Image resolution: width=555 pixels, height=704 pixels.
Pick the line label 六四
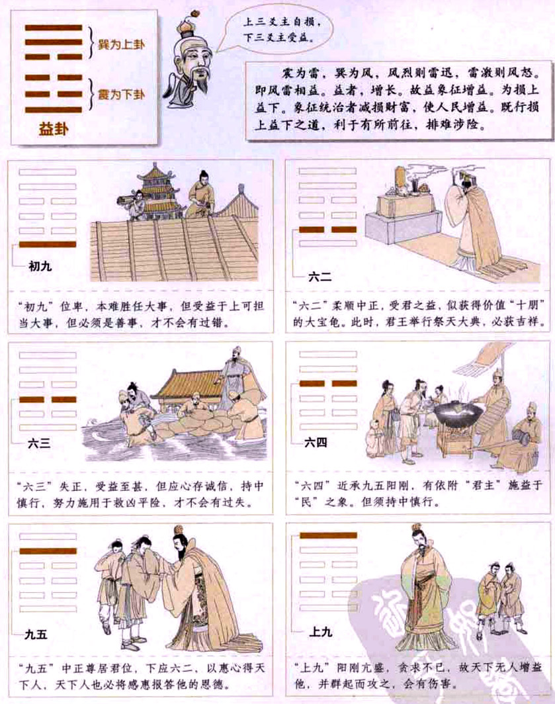pos(316,443)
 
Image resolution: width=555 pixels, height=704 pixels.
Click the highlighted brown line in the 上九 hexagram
pos(329,535)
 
